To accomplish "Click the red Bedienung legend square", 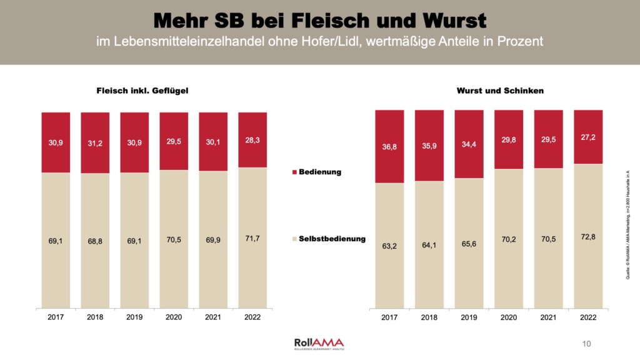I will point(295,172).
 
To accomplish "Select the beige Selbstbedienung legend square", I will point(295,239).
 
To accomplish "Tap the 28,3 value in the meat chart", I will point(252,140).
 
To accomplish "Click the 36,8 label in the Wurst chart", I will point(389,147).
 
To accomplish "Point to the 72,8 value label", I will point(588,234).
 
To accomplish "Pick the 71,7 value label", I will point(252,237).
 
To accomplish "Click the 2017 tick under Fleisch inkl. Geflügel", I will point(56,317).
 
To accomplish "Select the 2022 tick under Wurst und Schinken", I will point(588,317).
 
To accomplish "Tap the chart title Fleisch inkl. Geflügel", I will point(138,91).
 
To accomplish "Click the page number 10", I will point(586,343).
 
